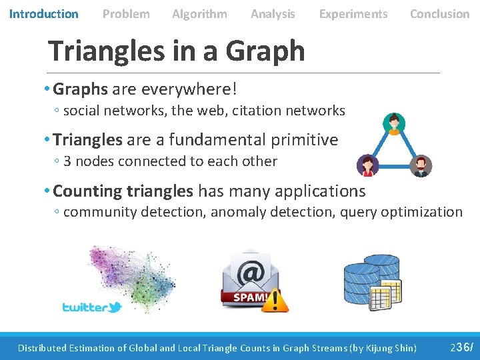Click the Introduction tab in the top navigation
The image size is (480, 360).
click(43, 13)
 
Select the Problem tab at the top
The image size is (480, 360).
click(126, 13)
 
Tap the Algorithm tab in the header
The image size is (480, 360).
click(199, 13)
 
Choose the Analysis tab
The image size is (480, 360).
click(273, 13)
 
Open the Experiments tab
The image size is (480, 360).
click(353, 13)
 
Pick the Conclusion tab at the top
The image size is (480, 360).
click(439, 13)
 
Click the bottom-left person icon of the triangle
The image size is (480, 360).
click(367, 165)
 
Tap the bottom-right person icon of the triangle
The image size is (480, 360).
click(421, 165)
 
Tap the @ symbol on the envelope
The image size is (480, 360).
click(251, 271)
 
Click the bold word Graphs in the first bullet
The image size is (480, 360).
click(80, 89)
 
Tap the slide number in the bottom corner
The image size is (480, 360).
click(461, 347)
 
